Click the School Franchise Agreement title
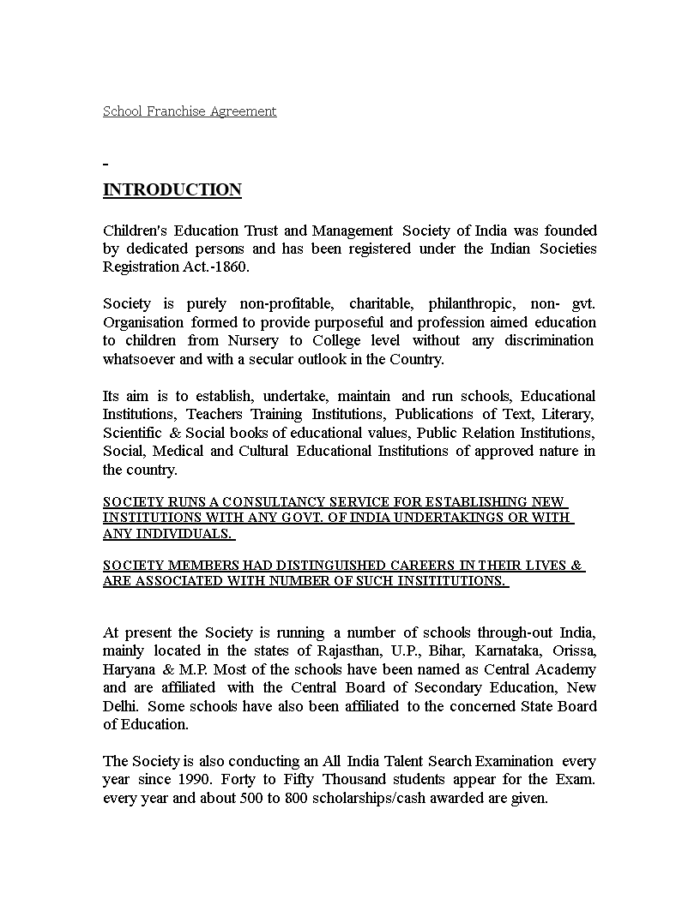[190, 111]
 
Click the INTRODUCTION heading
[172, 190]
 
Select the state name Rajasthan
[346, 651]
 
